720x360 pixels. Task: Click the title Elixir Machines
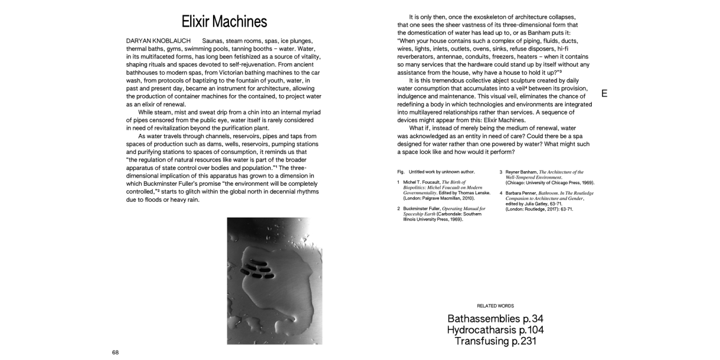[x=224, y=22]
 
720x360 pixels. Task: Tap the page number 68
[x=115, y=352]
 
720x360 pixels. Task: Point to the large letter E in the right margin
[x=604, y=94]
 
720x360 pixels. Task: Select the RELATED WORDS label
[x=495, y=306]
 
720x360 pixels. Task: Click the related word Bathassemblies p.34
[x=495, y=318]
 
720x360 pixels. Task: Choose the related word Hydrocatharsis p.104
[x=495, y=330]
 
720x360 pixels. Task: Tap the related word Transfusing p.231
[x=495, y=341]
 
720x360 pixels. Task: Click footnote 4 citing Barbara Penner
[x=547, y=201]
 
